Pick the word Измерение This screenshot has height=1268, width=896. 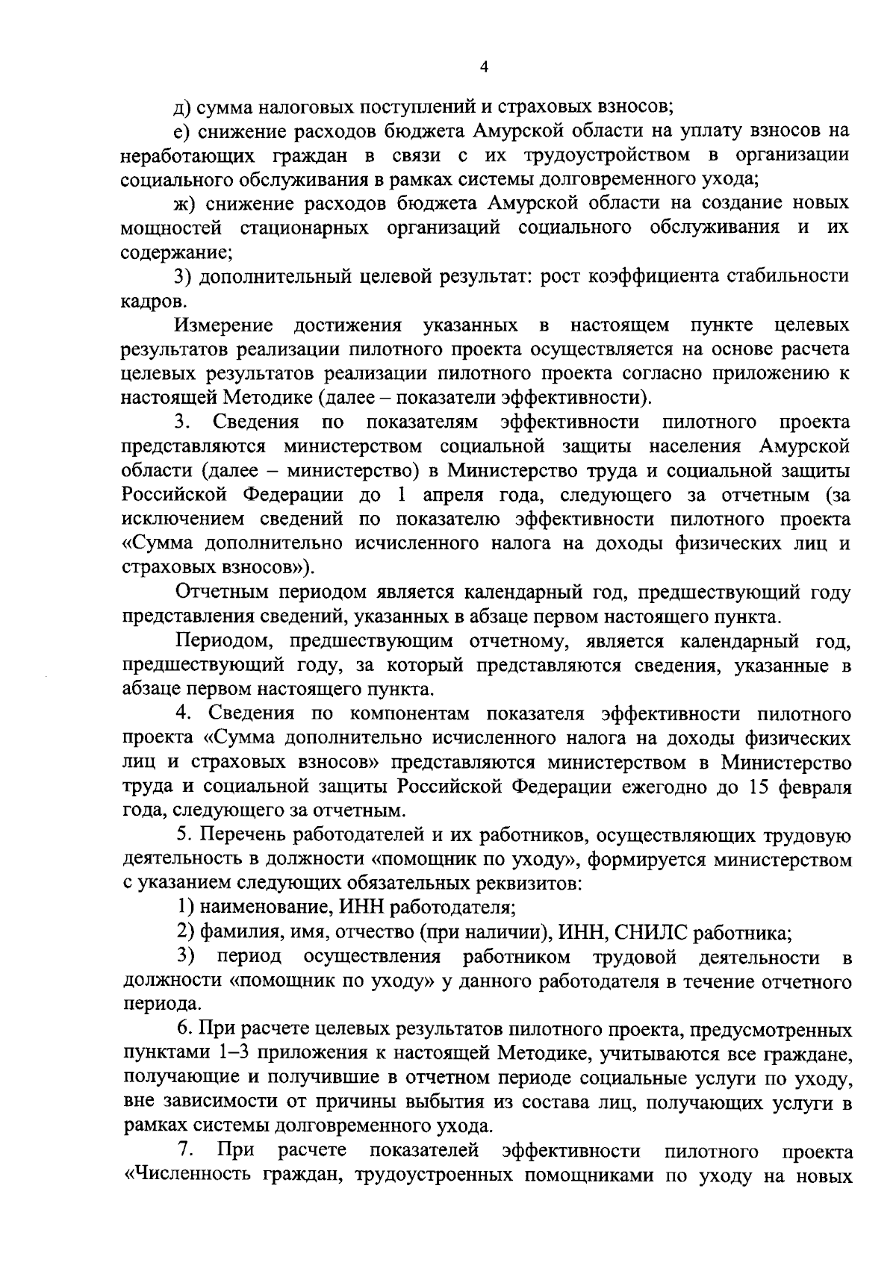tap(224, 325)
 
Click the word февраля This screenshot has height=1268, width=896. tap(814, 787)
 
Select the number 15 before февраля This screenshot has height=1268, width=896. tap(759, 787)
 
